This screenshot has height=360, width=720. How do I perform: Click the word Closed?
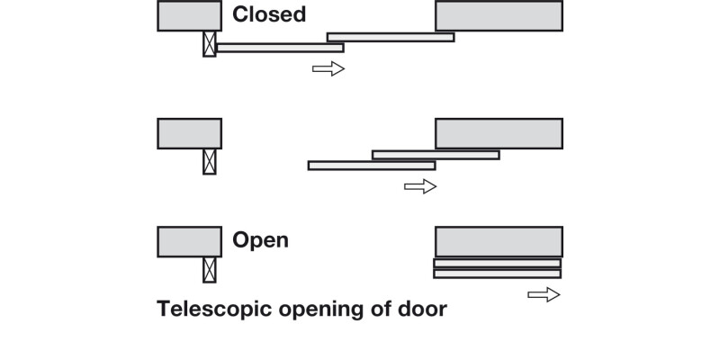(269, 14)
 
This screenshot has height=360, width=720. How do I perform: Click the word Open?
(260, 240)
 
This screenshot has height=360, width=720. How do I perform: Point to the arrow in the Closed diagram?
(328, 69)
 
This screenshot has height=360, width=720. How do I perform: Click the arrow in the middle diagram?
(420, 186)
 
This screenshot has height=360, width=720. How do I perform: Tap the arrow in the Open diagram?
(544, 294)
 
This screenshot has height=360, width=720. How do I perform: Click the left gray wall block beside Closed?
(189, 16)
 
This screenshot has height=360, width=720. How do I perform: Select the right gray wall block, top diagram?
(499, 16)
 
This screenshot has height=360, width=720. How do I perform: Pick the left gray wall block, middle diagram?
(189, 133)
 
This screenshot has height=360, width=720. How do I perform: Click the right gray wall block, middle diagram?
(499, 133)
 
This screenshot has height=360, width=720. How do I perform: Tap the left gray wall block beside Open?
(189, 241)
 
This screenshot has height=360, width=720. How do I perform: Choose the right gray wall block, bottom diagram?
(499, 241)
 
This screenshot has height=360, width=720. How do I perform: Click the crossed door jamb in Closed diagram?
(210, 44)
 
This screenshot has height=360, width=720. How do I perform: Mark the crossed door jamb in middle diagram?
(210, 161)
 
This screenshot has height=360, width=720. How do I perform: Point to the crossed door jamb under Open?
(210, 269)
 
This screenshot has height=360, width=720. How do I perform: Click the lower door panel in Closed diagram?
(279, 48)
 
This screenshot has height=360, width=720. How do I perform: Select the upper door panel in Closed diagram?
(391, 37)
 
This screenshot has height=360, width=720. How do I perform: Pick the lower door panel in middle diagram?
(371, 166)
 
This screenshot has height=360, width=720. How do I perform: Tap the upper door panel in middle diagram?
(436, 155)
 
